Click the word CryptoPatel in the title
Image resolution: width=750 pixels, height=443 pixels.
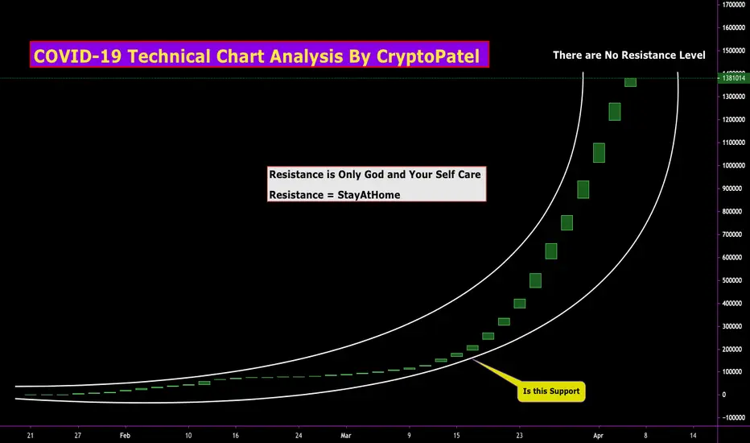coord(427,56)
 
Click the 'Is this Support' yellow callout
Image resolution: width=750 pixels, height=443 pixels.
coord(551,391)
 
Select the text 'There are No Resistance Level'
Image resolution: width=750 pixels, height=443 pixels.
coord(629,55)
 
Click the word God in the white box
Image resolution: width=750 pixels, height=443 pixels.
coord(374,174)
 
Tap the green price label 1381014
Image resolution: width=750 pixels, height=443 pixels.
coord(733,77)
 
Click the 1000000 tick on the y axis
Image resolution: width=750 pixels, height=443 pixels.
coord(733,165)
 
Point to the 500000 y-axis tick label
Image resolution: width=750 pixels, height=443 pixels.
coord(734,280)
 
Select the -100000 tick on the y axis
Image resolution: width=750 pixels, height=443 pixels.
coord(733,417)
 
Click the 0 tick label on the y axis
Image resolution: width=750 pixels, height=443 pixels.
coord(724,395)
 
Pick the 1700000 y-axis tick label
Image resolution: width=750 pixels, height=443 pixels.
coord(733,4)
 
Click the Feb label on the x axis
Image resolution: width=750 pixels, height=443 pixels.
coord(125,435)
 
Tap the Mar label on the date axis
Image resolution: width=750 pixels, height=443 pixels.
coord(346,435)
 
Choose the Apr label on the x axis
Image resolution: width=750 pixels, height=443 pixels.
coord(598,435)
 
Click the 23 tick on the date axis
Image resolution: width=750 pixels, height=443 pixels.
coord(520,435)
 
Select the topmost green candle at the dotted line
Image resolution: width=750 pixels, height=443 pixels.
coord(630,82)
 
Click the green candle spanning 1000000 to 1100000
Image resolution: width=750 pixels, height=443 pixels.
coord(599,153)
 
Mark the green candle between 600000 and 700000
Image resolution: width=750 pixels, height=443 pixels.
coord(551,251)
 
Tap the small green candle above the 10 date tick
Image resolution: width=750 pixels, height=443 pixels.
coord(204,383)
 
